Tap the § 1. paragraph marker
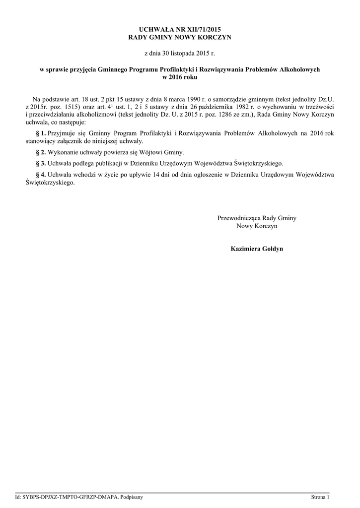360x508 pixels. click(41, 133)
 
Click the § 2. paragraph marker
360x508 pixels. click(41, 152)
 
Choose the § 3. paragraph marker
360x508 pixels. click(41, 163)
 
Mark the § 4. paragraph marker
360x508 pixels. click(41, 175)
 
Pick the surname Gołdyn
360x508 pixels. click(274, 248)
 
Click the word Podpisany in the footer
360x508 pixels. click(124, 497)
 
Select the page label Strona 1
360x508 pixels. click(320, 497)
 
